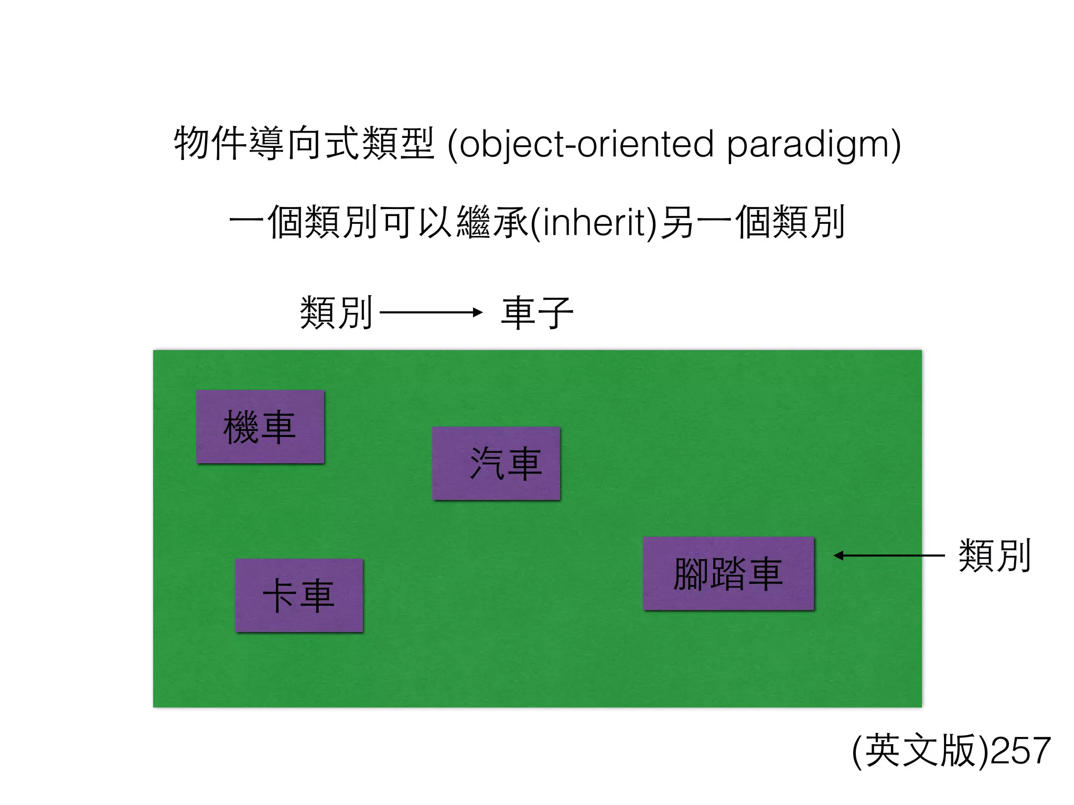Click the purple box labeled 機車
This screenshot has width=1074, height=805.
click(x=260, y=427)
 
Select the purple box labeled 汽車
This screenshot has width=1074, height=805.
click(x=496, y=463)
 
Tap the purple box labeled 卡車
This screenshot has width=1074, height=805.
click(x=299, y=595)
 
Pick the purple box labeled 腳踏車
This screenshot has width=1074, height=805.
click(x=728, y=573)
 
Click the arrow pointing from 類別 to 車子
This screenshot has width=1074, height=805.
click(x=431, y=313)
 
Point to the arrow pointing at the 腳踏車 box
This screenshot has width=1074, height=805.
click(x=889, y=556)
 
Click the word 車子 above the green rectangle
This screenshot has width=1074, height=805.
click(x=537, y=313)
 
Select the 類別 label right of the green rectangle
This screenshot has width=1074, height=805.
click(x=994, y=556)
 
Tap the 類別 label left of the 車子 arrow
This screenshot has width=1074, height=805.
click(x=336, y=313)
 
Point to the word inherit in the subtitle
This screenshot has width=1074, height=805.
click(x=593, y=223)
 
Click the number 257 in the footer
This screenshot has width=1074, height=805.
click(x=1021, y=751)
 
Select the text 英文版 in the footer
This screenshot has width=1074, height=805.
click(x=920, y=751)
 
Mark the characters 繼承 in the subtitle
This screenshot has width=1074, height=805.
click(x=492, y=223)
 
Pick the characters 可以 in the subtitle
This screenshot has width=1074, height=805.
click(x=418, y=223)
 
